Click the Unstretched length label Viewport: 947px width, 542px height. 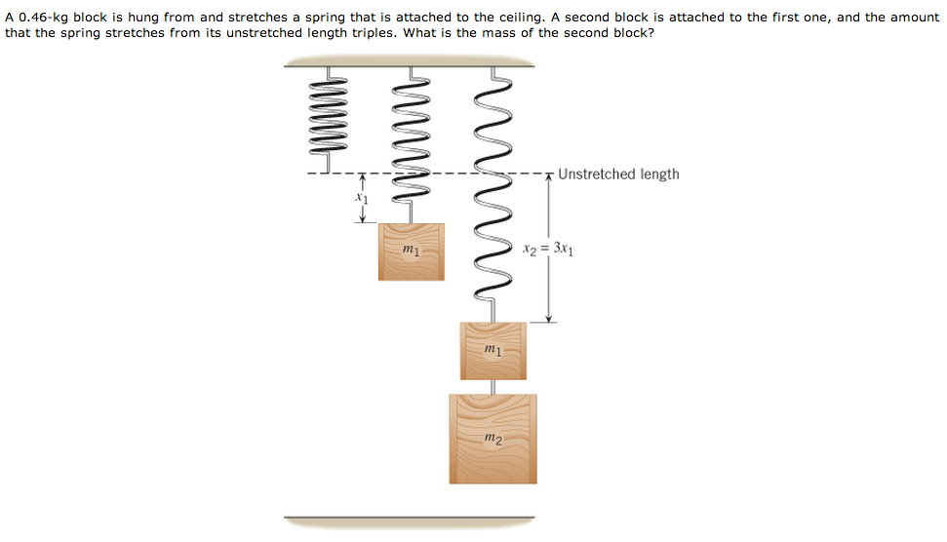click(618, 174)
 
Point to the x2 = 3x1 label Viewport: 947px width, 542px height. click(548, 248)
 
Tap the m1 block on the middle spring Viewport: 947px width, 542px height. click(411, 252)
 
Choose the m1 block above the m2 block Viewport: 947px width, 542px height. click(493, 350)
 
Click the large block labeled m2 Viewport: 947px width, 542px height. click(493, 439)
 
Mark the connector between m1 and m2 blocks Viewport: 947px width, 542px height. click(493, 387)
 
